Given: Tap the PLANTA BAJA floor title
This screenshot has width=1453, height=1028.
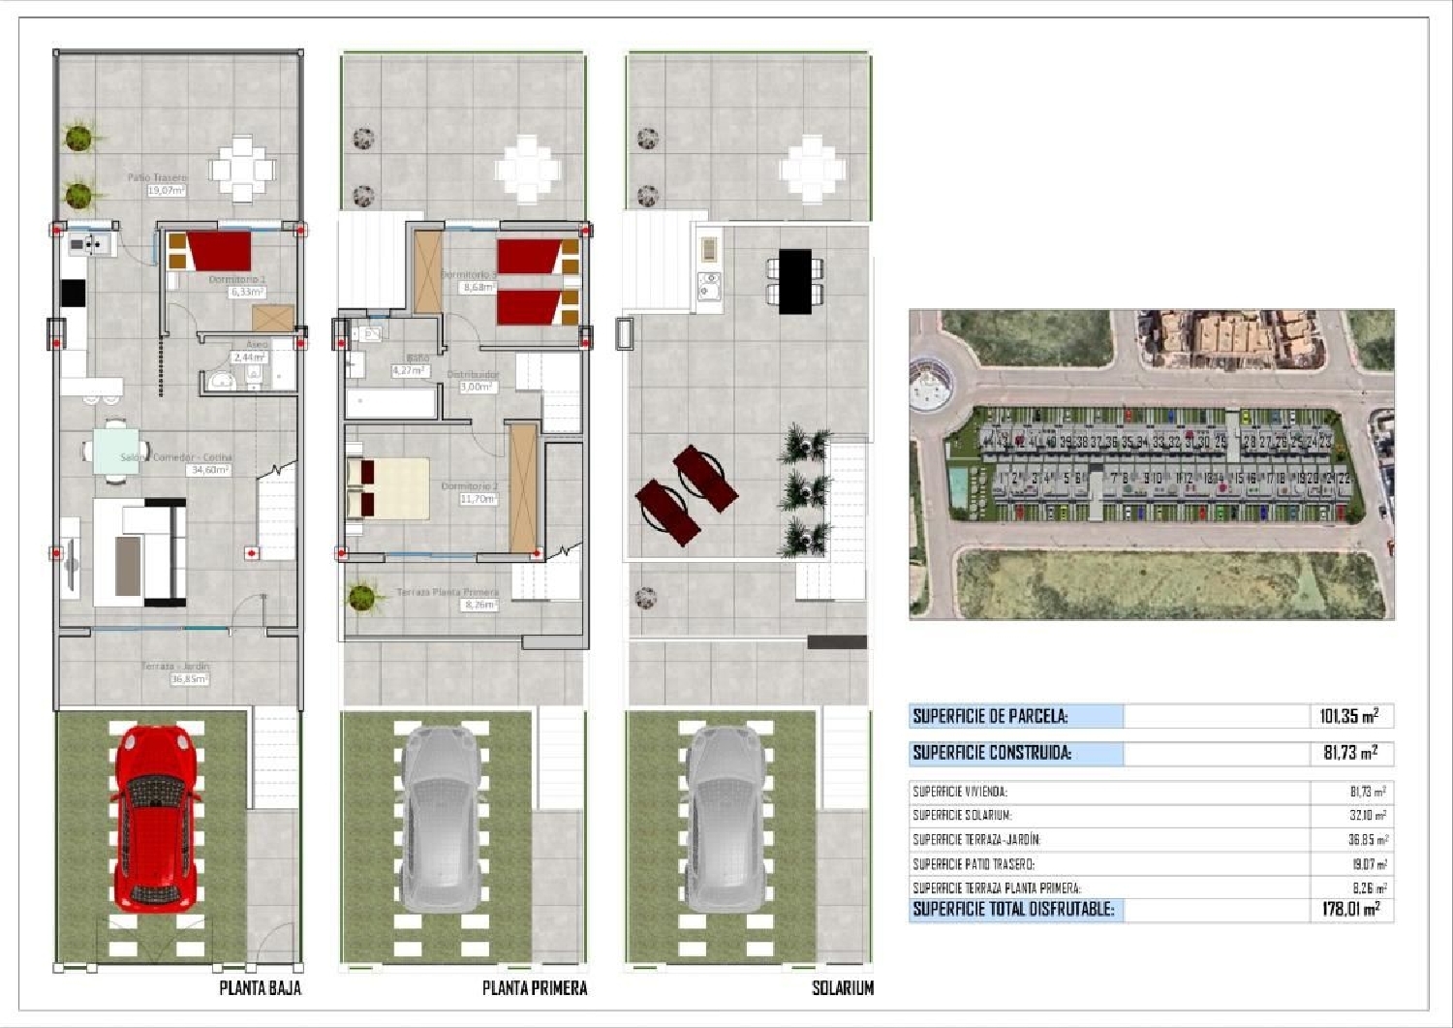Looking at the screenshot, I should click(260, 988).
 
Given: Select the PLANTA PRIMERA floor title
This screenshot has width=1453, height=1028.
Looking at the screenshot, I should click(535, 988).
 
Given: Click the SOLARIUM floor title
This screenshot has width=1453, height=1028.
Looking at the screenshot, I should click(842, 988).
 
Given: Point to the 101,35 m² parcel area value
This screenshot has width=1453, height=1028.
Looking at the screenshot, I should click(1348, 717).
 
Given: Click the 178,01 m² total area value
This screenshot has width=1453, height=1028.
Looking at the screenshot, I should click(1349, 910).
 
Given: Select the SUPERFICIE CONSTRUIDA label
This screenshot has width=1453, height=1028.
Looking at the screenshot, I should click(992, 753).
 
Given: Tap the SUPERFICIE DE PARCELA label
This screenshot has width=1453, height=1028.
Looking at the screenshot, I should click(990, 717).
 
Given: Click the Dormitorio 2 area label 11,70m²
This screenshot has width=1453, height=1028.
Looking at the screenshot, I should click(479, 499).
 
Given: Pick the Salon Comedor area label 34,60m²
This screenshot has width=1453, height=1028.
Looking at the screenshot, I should click(209, 470).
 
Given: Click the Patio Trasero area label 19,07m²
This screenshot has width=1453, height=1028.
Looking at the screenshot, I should click(166, 191).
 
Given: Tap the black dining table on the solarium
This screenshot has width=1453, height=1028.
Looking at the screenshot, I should click(794, 281).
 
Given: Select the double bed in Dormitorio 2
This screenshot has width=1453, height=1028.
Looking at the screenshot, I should click(387, 488).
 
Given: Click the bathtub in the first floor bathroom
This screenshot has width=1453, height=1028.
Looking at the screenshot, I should click(391, 403).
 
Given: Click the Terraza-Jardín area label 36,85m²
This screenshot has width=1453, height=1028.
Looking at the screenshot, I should click(189, 679).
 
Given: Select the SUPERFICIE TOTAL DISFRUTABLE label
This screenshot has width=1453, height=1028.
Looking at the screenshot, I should click(1013, 910).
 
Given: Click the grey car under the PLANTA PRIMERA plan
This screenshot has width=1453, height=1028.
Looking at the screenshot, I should click(442, 819).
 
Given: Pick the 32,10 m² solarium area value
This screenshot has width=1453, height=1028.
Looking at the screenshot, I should click(1367, 816).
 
